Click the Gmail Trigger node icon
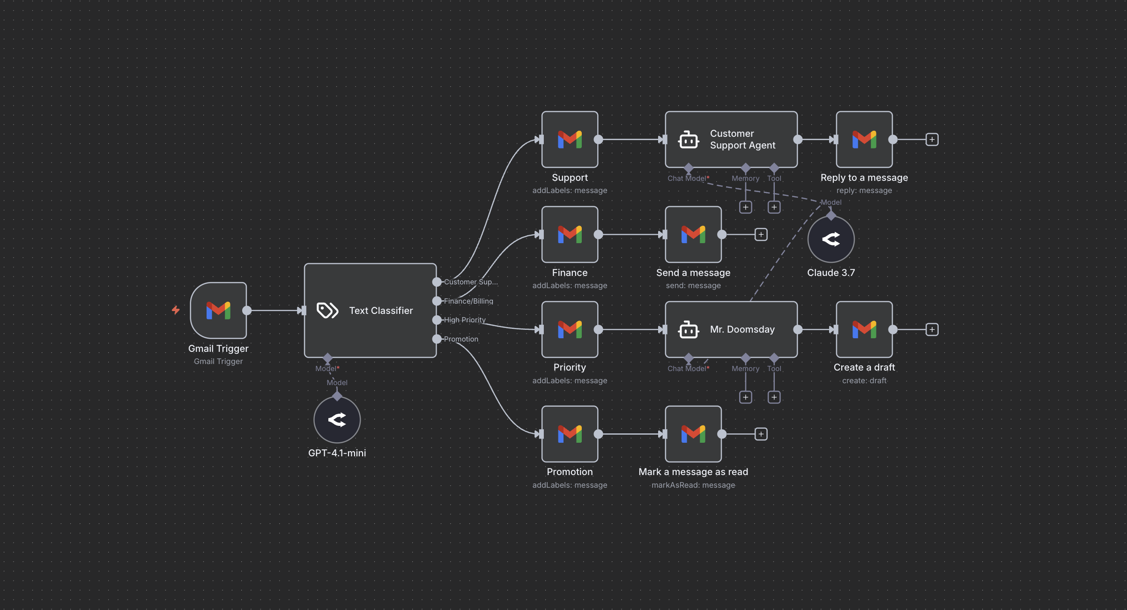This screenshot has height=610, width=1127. point(218,310)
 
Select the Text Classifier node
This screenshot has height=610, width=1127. point(370,310)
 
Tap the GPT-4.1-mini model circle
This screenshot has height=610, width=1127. point(337,420)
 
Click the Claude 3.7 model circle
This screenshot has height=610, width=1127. point(831,239)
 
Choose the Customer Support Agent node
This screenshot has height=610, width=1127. point(731,140)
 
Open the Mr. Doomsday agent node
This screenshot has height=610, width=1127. point(731,329)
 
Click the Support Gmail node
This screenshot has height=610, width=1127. point(570,140)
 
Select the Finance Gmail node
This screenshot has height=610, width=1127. point(570,234)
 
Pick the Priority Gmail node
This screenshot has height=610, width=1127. point(570,329)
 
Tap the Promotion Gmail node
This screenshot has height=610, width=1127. point(570,434)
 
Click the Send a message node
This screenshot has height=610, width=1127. point(693,234)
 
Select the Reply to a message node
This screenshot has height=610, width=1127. point(864,140)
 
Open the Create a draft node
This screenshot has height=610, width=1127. point(864,329)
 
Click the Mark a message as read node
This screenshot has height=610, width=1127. point(693,434)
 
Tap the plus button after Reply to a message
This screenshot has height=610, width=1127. point(932,140)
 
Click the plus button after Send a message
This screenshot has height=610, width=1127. point(761,234)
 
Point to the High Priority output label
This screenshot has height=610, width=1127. point(465,320)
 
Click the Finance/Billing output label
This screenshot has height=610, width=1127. point(468,301)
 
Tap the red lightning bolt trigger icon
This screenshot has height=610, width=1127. point(176,310)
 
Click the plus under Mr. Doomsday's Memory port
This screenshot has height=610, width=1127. point(746,397)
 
